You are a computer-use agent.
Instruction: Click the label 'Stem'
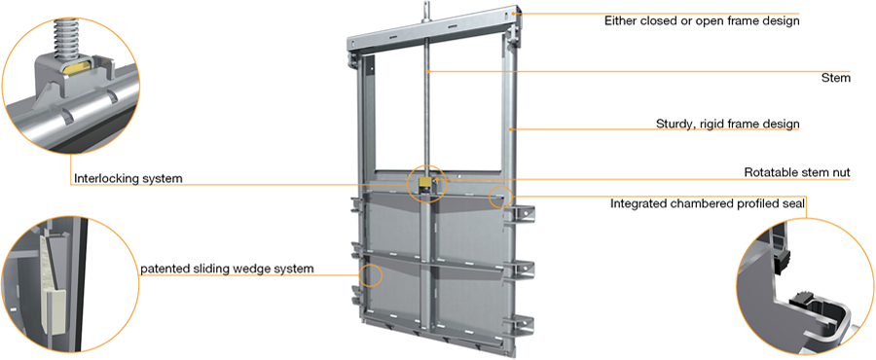(x=836, y=78)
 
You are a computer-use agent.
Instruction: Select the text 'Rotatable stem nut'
(x=797, y=172)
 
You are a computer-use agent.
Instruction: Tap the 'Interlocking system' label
(x=128, y=179)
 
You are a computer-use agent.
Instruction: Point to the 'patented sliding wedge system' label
(x=227, y=269)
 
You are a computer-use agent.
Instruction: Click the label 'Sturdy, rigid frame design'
(x=728, y=124)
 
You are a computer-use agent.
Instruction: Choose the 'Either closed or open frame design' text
(x=702, y=21)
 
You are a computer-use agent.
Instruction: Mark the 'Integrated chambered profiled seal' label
(x=708, y=203)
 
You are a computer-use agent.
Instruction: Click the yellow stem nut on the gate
(x=426, y=183)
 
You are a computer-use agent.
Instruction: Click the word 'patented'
(x=164, y=269)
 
